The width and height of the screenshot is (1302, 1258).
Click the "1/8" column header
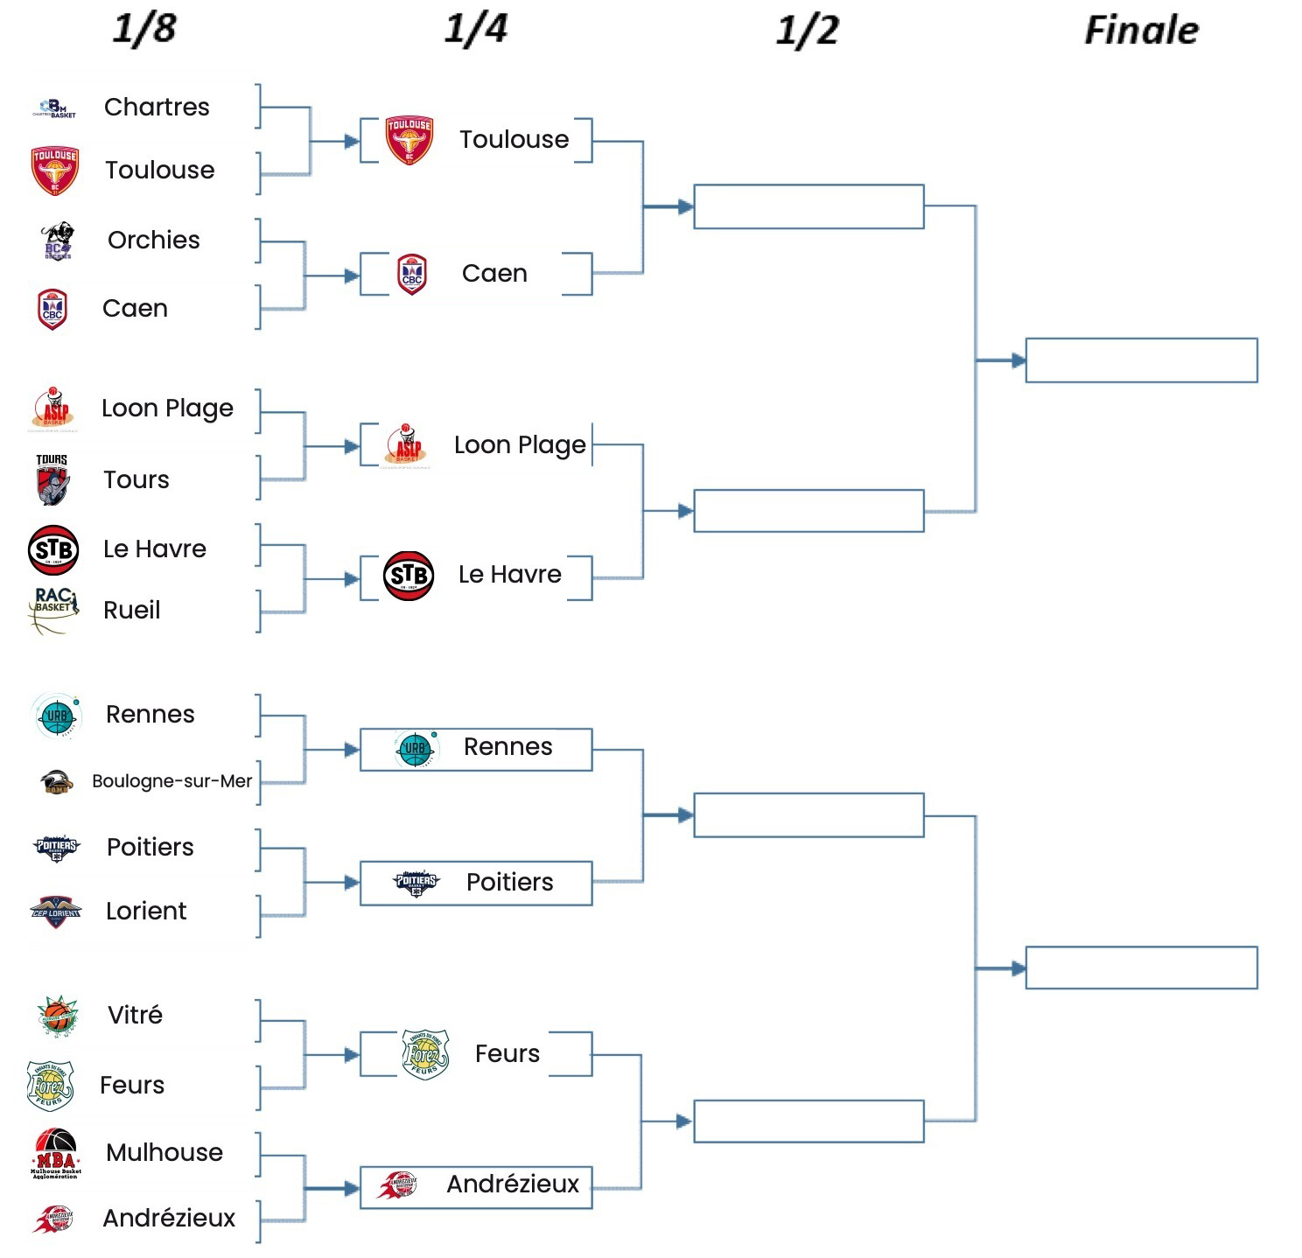tap(143, 28)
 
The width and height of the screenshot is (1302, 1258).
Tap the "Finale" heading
tap(1141, 31)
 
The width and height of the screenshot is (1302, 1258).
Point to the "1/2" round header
tap(807, 31)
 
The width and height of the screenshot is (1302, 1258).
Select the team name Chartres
tap(157, 107)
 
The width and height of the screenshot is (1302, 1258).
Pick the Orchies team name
tap(154, 240)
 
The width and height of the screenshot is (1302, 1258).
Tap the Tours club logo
tap(52, 479)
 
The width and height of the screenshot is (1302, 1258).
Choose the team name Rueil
tap(132, 610)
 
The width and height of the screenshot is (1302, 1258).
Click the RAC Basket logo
tap(54, 609)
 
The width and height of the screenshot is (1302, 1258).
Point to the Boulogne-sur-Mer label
tap(171, 781)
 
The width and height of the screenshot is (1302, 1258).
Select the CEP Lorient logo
tap(55, 912)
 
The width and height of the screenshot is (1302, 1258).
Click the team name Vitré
tap(135, 1015)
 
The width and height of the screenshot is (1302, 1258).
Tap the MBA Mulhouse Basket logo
tap(55, 1153)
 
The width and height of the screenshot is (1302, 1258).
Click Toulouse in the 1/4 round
tap(514, 139)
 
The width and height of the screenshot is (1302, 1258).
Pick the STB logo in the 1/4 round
tap(409, 576)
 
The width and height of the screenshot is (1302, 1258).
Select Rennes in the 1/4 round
tap(507, 746)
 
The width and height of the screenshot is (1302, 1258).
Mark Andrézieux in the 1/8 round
tap(169, 1218)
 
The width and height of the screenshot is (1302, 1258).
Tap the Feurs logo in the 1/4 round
tap(425, 1054)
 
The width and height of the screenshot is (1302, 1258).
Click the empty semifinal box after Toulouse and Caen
tap(808, 206)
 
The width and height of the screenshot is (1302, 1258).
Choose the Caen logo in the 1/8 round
tap(52, 309)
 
